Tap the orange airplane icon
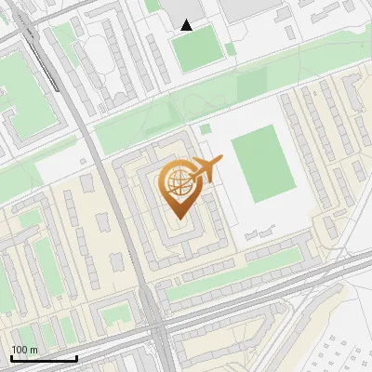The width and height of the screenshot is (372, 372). coord(207,169)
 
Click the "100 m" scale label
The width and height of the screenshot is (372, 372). coord(24,350)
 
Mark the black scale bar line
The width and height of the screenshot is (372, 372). coord(44,358)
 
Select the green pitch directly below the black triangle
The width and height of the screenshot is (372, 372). coord(195,53)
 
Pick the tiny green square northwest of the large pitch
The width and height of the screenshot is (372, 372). coord(205,128)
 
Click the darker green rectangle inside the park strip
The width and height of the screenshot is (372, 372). coord(252,86)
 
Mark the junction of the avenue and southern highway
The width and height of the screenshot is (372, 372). coord(151,321)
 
